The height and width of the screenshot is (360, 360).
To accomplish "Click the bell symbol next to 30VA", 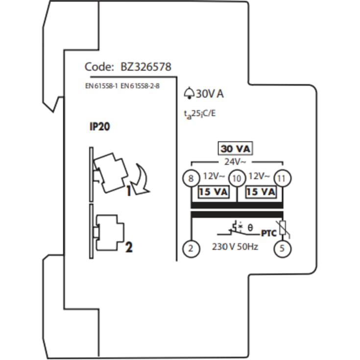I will point(189,93).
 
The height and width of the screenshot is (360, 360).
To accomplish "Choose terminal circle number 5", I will point(282,248).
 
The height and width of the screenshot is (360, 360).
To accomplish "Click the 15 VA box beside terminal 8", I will point(213,192).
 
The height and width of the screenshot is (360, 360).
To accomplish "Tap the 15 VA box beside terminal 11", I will point(260,192).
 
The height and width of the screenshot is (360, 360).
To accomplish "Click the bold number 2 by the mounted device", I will point(128,247).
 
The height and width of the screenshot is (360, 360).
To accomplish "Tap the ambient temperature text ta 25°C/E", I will point(199,114).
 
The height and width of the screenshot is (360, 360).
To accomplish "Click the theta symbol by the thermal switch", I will point(250,228).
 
